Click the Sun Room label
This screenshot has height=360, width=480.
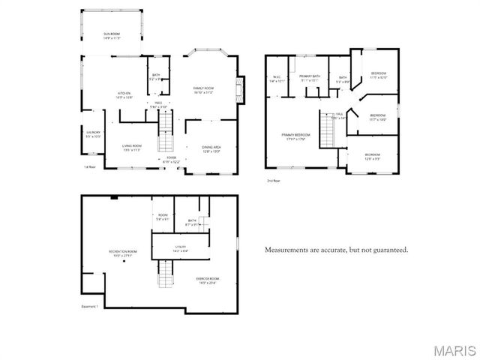[x=111, y=36]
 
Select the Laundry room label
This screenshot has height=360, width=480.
[x=93, y=135]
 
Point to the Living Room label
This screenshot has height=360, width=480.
[x=132, y=147]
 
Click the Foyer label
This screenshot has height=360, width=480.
[x=171, y=160]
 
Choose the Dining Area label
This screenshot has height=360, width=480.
[x=211, y=149]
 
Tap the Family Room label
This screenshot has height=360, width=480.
[x=203, y=90]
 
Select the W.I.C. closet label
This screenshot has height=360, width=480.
[x=277, y=79]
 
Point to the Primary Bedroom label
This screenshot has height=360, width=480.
[x=295, y=136]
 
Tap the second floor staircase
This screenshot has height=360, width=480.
[x=327, y=131]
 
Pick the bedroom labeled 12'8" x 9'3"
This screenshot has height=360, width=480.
[x=373, y=157]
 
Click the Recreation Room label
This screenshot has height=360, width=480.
[x=122, y=253]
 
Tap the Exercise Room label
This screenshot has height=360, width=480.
[x=208, y=280]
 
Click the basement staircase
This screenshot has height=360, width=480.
[x=166, y=274]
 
